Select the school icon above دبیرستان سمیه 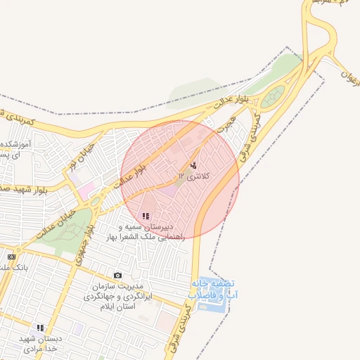(x=146, y=216)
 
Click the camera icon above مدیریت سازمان (x=117, y=275)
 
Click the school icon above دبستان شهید (x=41, y=328)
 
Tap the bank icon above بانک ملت (x=11, y=257)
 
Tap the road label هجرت (x=226, y=124)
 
